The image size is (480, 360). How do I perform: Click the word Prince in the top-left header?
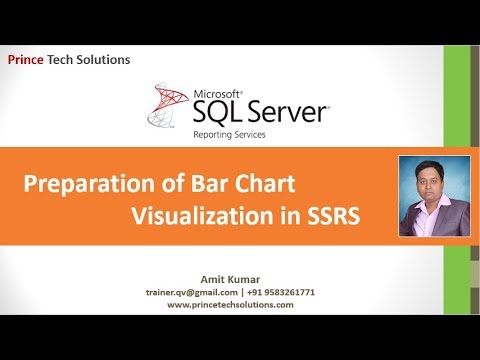(x=29, y=60)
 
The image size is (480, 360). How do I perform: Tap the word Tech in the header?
(x=68, y=60)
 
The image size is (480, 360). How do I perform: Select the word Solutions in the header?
(x=108, y=60)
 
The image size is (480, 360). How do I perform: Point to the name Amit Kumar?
(x=231, y=279)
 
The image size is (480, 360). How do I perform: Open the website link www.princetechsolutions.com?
(x=231, y=304)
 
